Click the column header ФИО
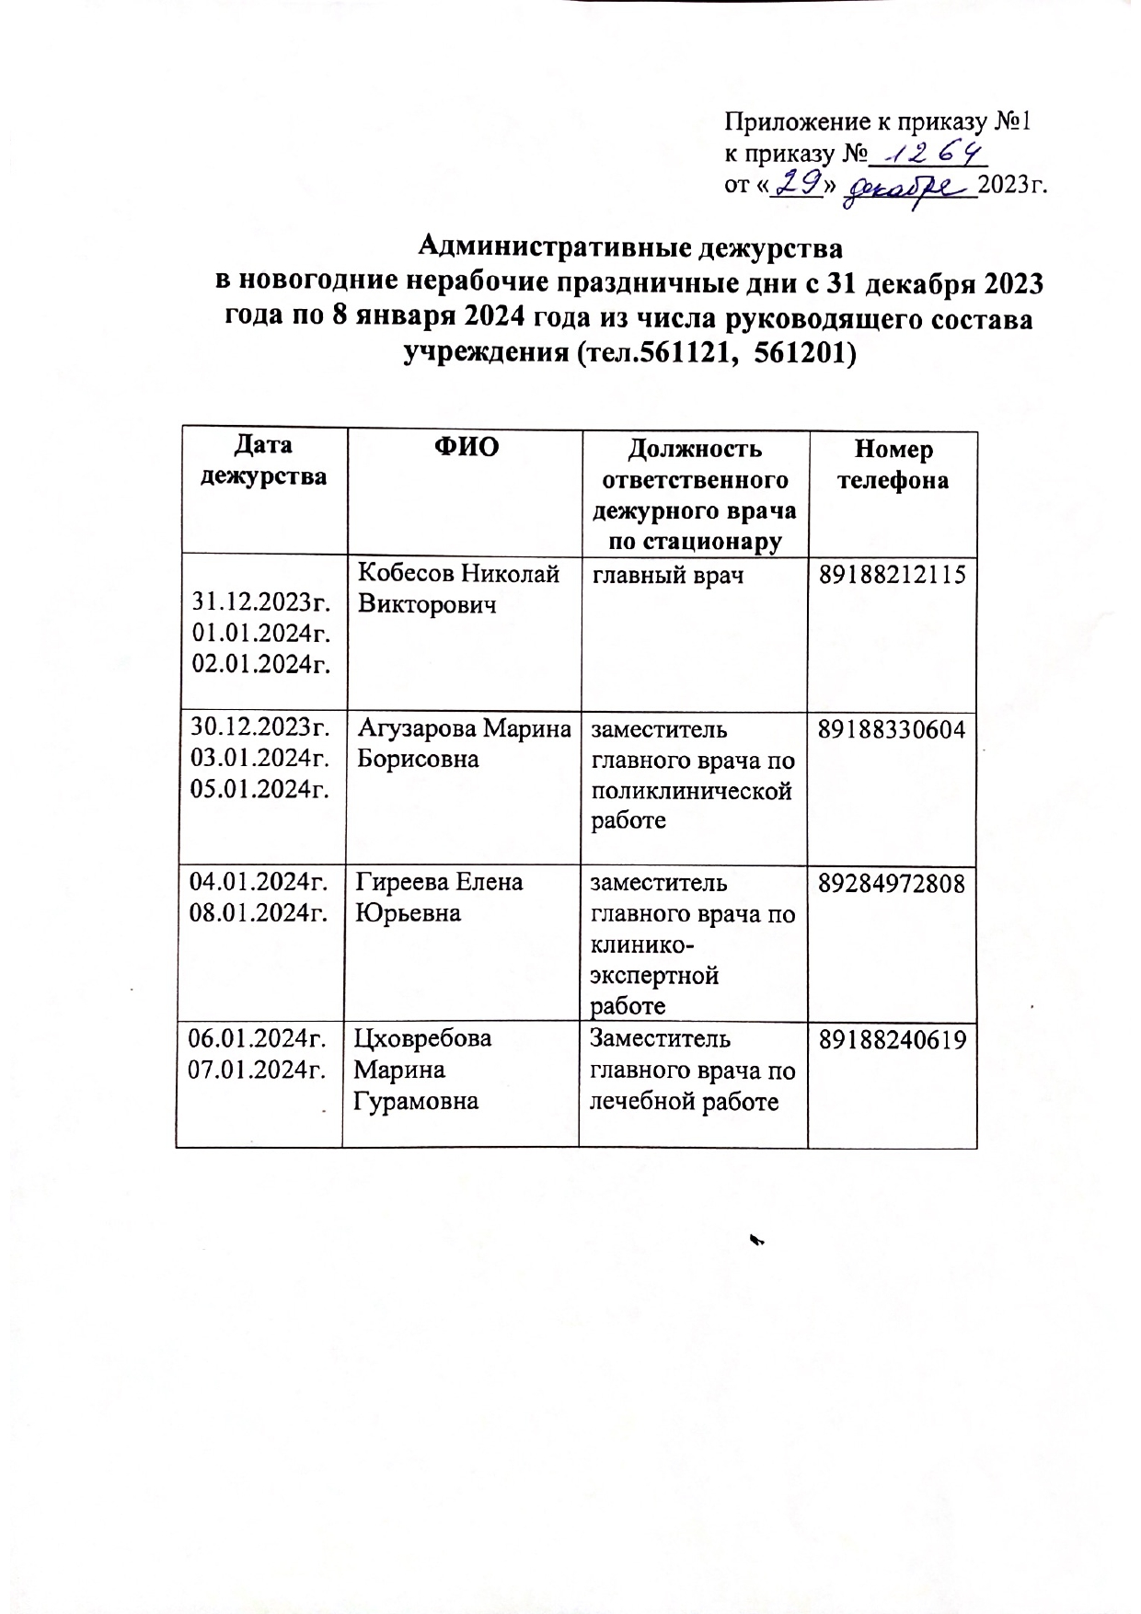[x=466, y=447]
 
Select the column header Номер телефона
[x=893, y=464]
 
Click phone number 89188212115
[x=892, y=576]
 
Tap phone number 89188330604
[x=892, y=730]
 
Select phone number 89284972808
[x=892, y=884]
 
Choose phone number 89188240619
[x=892, y=1039]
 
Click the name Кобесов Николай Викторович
[x=458, y=589]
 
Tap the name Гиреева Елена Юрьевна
[x=439, y=897]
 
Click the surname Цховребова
[x=424, y=1038]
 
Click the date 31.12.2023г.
[x=260, y=602]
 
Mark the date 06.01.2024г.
[x=259, y=1038]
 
